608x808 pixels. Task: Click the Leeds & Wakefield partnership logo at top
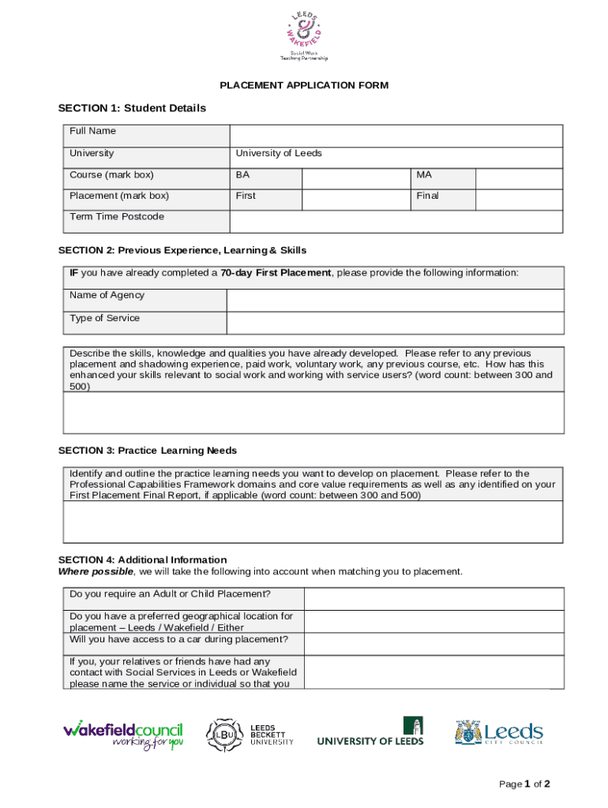pyautogui.click(x=303, y=36)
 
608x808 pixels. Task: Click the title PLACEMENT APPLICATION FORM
pyautogui.click(x=304, y=85)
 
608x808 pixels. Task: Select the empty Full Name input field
pyautogui.click(x=396, y=135)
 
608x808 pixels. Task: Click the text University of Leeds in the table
pyautogui.click(x=279, y=153)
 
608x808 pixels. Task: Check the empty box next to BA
pyautogui.click(x=355, y=178)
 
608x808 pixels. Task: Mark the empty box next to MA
pyautogui.click(x=518, y=178)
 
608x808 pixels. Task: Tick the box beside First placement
pyautogui.click(x=355, y=199)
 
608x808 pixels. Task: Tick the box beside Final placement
pyautogui.click(x=518, y=199)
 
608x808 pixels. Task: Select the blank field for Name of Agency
pyautogui.click(x=395, y=300)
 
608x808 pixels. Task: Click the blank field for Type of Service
pyautogui.click(x=395, y=323)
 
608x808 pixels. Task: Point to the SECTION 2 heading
pyautogui.click(x=182, y=250)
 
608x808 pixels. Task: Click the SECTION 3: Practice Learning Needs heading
pyautogui.click(x=148, y=451)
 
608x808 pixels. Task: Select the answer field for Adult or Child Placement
pyautogui.click(x=433, y=598)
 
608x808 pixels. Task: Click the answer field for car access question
pyautogui.click(x=433, y=643)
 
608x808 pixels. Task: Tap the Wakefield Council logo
pyautogui.click(x=123, y=734)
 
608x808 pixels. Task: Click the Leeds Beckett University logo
pyautogui.click(x=250, y=734)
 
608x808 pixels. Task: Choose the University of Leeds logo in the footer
pyautogui.click(x=370, y=732)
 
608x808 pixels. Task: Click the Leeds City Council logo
pyautogui.click(x=498, y=733)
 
